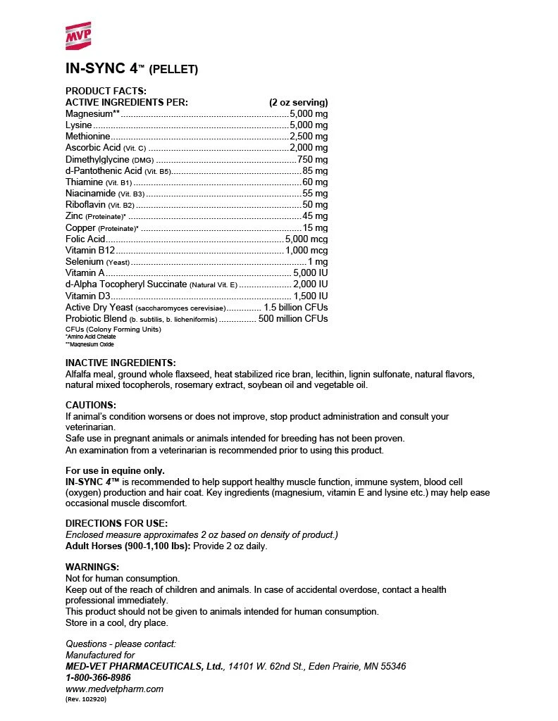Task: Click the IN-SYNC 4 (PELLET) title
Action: point(132,69)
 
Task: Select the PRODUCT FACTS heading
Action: point(106,91)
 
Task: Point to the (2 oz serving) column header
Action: point(298,102)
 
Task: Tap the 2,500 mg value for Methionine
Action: point(309,136)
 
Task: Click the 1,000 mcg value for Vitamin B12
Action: point(306,250)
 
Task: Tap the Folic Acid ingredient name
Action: point(85,239)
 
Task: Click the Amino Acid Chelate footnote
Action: point(91,337)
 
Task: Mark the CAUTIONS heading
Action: point(90,405)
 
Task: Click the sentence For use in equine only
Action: point(115,470)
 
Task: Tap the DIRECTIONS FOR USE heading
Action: point(116,523)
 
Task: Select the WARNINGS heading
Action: point(92,566)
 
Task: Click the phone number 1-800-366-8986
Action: point(98,677)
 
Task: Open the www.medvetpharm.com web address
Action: point(114,689)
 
